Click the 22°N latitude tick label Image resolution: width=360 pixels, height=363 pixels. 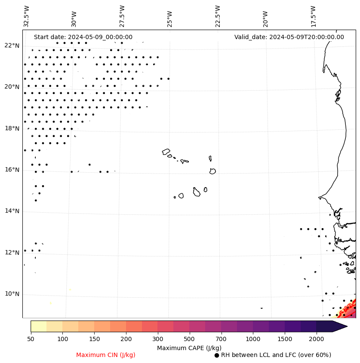pyautogui.click(x=12, y=46)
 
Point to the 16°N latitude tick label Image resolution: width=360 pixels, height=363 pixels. pyautogui.click(x=12, y=170)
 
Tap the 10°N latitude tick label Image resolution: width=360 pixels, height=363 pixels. pyautogui.click(x=12, y=294)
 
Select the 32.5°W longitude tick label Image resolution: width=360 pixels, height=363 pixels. pyautogui.click(x=27, y=16)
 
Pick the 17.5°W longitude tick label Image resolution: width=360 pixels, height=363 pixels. pyautogui.click(x=313, y=16)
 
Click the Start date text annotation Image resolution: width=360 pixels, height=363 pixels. pyautogui.click(x=83, y=37)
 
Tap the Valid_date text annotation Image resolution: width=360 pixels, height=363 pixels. pyautogui.click(x=289, y=37)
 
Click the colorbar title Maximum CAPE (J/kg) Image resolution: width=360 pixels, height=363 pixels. pyautogui.click(x=189, y=348)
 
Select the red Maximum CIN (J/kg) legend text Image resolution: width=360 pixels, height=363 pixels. pyautogui.click(x=106, y=355)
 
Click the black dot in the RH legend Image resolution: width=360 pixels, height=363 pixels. pyautogui.click(x=217, y=355)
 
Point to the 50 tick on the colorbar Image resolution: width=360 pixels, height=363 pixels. pyautogui.click(x=31, y=339)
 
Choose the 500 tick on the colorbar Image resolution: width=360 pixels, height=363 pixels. pyautogui.click(x=190, y=339)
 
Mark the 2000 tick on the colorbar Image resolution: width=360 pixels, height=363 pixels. pyautogui.click(x=317, y=339)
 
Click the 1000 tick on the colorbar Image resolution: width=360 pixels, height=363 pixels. pyautogui.click(x=253, y=339)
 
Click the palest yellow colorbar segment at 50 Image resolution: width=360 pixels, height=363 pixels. pyautogui.click(x=38, y=326)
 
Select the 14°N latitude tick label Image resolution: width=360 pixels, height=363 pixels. pyautogui.click(x=12, y=211)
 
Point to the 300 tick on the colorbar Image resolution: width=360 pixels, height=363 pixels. pyautogui.click(x=158, y=339)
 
